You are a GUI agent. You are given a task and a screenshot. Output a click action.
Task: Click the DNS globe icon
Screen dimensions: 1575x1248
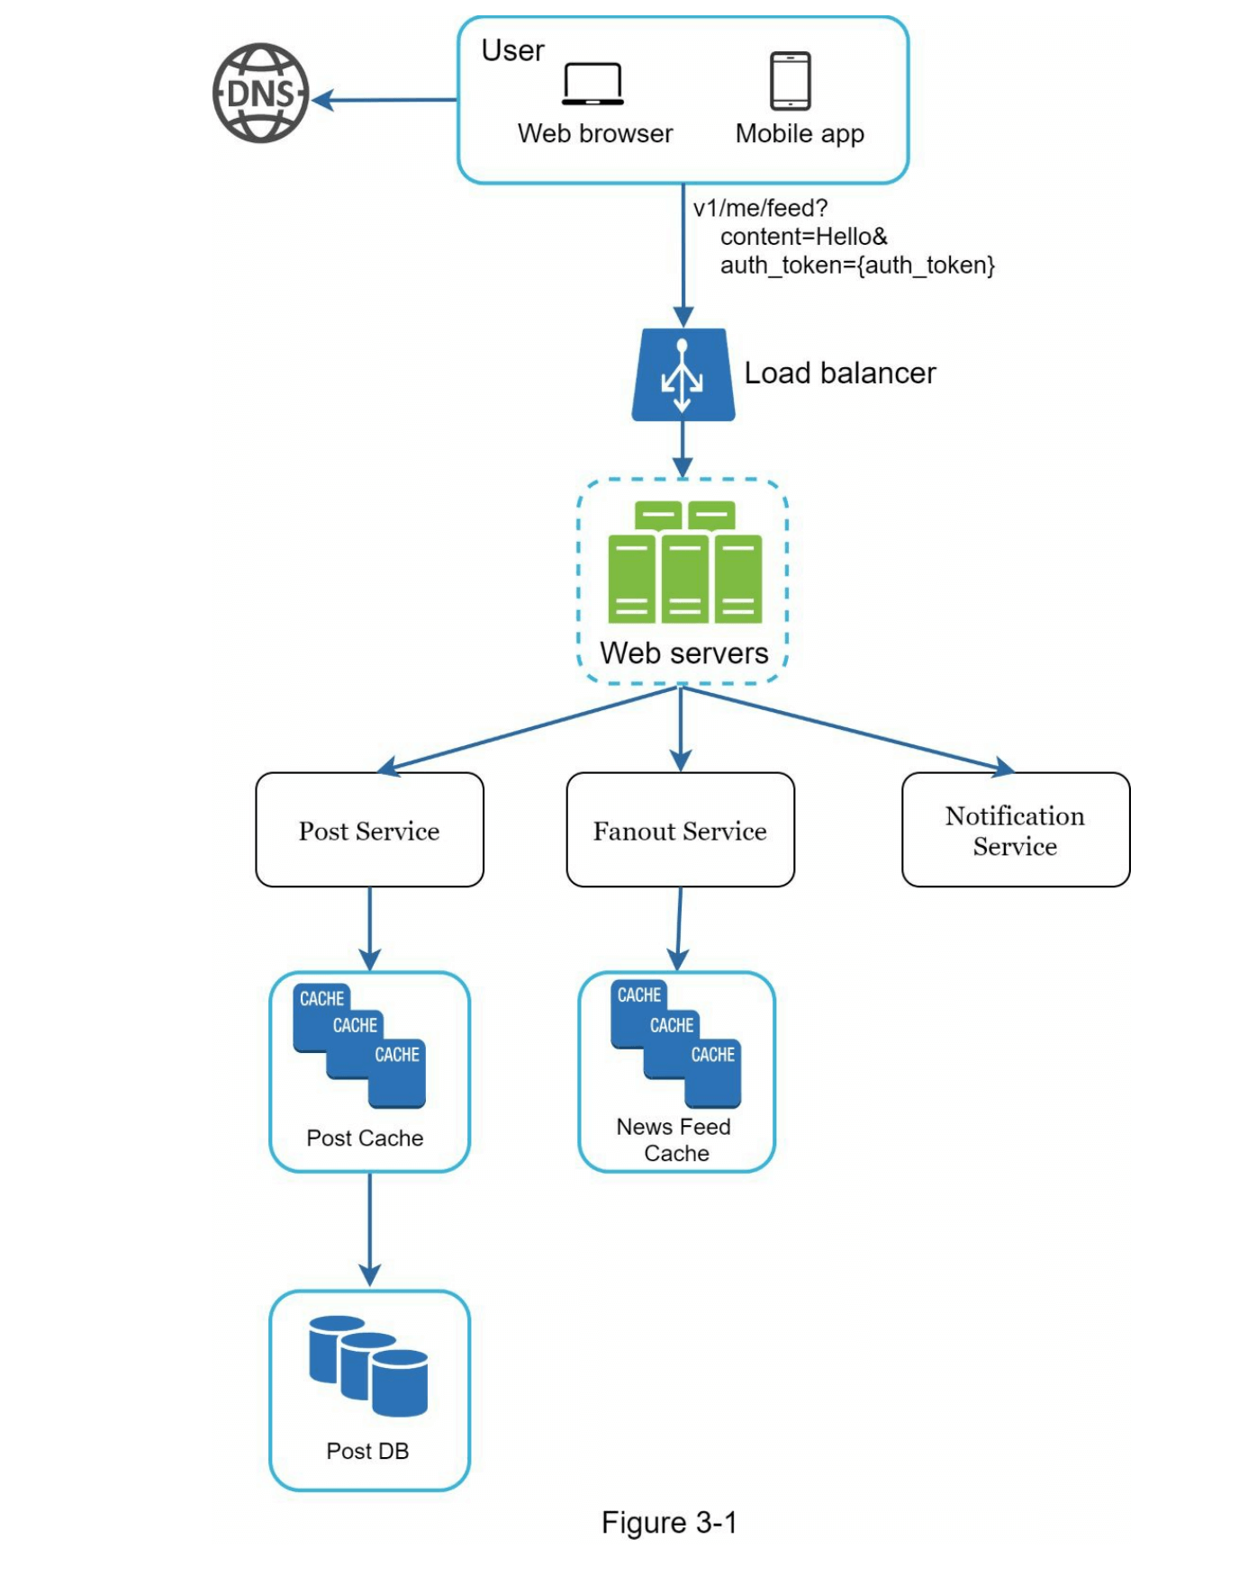[x=260, y=94]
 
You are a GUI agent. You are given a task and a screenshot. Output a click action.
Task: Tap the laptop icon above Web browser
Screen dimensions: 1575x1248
[x=592, y=84]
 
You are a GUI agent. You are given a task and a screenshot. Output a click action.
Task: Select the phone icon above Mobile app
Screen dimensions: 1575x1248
[x=790, y=81]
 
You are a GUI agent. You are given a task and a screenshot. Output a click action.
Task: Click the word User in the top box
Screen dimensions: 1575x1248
[x=512, y=50]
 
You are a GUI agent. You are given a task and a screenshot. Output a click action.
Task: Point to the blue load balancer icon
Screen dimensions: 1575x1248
[x=683, y=374]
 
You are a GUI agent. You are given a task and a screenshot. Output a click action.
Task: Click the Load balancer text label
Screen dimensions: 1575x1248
[x=839, y=373]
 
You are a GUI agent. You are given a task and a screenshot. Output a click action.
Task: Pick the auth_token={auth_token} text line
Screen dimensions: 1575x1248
[x=856, y=265]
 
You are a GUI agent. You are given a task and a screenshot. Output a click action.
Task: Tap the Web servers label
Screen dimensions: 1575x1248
[x=683, y=652]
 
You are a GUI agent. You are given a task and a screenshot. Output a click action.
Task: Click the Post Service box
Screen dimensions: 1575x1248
[x=369, y=830]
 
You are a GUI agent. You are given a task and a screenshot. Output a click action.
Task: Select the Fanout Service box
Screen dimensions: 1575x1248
[x=680, y=830]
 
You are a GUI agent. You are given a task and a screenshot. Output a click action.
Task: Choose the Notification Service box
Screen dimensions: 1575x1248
[x=1015, y=830]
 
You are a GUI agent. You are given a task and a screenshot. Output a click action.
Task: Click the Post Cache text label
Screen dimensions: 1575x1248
[x=365, y=1138]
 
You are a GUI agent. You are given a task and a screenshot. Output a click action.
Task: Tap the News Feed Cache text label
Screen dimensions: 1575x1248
[x=674, y=1140]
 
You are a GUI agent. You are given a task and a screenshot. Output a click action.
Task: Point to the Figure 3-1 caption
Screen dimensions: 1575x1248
[x=669, y=1523]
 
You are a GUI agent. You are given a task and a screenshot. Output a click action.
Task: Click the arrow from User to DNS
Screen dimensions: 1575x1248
[x=387, y=100]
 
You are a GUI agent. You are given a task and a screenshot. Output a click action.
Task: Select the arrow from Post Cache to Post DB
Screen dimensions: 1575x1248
[x=369, y=1228]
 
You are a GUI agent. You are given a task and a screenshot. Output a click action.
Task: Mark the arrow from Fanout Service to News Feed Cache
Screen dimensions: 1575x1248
[x=679, y=928]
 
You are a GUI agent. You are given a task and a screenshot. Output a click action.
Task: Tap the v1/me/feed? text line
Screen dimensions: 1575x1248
[x=760, y=208]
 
